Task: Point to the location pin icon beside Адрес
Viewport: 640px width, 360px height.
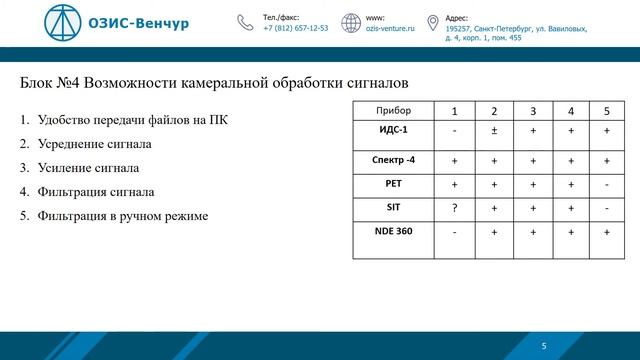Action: (x=433, y=23)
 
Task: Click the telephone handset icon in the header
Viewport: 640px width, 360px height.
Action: (x=245, y=23)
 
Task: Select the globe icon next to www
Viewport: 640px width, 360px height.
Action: (x=350, y=23)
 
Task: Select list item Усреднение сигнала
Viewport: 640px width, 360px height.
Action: (x=94, y=145)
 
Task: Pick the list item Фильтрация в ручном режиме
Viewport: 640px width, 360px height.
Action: (x=122, y=215)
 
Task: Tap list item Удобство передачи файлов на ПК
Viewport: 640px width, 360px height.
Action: (x=131, y=122)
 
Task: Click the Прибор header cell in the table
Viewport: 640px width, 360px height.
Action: (x=392, y=110)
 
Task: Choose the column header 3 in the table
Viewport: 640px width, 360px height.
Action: (x=532, y=110)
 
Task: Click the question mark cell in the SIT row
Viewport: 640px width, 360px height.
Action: (x=455, y=208)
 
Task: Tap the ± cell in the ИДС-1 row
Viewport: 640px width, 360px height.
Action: (x=493, y=131)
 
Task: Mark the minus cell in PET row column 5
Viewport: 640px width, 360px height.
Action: (x=607, y=184)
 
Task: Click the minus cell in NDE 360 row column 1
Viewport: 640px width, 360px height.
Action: (x=455, y=232)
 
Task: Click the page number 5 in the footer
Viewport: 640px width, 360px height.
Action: (x=544, y=345)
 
